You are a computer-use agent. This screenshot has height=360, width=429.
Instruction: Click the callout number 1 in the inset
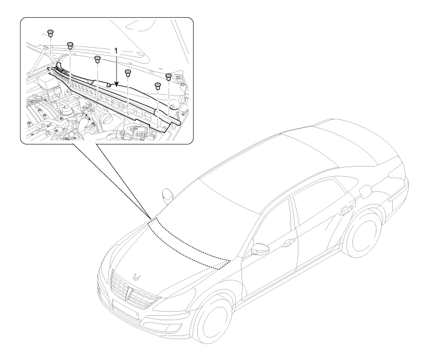point(116,51)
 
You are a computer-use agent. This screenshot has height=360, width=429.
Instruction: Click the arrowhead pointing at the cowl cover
point(117,84)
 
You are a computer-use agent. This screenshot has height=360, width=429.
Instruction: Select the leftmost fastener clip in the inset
point(50,33)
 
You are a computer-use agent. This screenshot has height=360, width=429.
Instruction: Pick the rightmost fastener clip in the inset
point(169,77)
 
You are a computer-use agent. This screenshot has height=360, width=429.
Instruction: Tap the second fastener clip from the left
point(70,46)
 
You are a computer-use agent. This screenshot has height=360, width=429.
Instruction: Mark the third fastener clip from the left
point(97,59)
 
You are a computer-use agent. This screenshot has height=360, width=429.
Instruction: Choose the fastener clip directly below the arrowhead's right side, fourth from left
point(127,73)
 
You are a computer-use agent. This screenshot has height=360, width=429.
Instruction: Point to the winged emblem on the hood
point(136,276)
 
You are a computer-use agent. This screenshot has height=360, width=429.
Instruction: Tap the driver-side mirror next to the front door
point(260,249)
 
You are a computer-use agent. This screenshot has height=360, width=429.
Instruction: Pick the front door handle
point(289,242)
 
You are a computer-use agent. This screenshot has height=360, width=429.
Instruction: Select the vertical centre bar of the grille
point(127,294)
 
